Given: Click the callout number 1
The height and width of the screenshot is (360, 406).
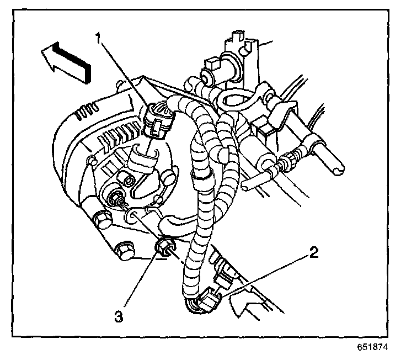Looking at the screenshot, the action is point(98,38).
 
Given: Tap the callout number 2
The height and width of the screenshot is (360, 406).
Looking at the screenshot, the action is point(313,252).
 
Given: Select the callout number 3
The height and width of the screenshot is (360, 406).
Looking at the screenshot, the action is point(119,317).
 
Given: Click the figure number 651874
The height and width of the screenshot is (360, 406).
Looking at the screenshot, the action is point(372,347).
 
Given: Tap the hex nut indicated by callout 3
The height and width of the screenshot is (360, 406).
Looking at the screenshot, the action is point(165,247).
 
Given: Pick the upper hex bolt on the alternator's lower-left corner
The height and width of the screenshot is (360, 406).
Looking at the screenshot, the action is point(103,219).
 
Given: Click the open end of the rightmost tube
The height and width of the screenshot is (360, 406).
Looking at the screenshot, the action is point(338,171).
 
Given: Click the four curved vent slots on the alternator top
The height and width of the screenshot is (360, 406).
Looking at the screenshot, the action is point(88,112).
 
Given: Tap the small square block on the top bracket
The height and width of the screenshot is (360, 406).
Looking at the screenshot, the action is point(212,64).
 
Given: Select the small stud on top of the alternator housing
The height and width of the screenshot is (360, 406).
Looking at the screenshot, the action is point(119,84).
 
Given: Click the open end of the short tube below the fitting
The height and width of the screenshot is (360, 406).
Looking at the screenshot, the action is point(245,186).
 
